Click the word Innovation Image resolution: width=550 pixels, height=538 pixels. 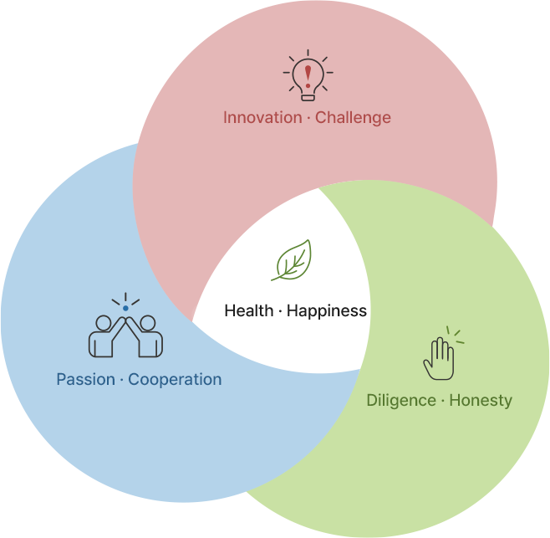point(262,117)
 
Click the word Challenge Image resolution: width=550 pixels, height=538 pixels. point(353,118)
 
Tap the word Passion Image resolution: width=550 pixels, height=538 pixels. point(86,380)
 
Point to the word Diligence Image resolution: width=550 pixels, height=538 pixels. point(401,401)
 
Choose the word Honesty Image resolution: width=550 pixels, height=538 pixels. point(481,401)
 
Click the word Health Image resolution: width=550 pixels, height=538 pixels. point(249,310)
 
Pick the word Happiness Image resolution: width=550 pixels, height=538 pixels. point(327,311)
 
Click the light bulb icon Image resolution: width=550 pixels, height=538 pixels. point(308,75)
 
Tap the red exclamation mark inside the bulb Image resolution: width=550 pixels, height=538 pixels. point(308,76)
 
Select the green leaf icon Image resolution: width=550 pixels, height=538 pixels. point(292,260)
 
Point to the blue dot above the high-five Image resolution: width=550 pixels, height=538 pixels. point(125,309)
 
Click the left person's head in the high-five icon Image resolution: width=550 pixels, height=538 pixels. point(104,323)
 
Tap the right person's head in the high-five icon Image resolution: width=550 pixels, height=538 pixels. point(148,323)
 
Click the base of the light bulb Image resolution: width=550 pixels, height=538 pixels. point(308,97)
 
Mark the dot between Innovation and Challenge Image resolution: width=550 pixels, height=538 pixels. point(308,118)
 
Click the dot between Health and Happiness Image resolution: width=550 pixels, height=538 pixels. point(280,311)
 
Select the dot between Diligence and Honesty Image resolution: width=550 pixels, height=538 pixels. point(443,401)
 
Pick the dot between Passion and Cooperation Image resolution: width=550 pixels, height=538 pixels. point(122,381)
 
